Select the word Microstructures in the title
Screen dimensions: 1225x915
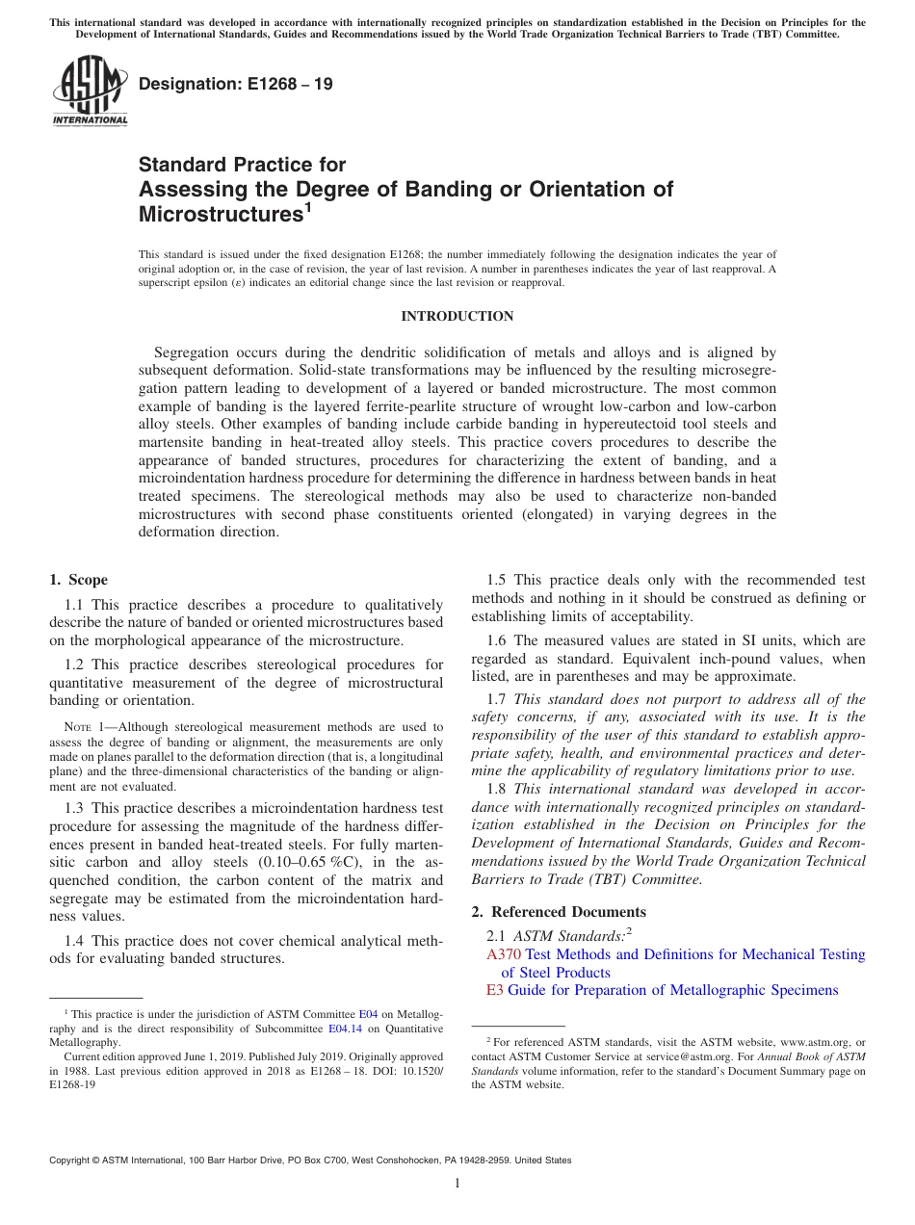[x=221, y=213]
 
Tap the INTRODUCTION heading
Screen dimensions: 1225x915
[x=457, y=316]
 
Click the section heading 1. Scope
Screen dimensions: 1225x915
[x=78, y=580]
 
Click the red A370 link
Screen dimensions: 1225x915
[x=504, y=954]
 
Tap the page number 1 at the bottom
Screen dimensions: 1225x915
[x=457, y=1183]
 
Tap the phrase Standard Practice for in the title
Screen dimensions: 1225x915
[x=242, y=165]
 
